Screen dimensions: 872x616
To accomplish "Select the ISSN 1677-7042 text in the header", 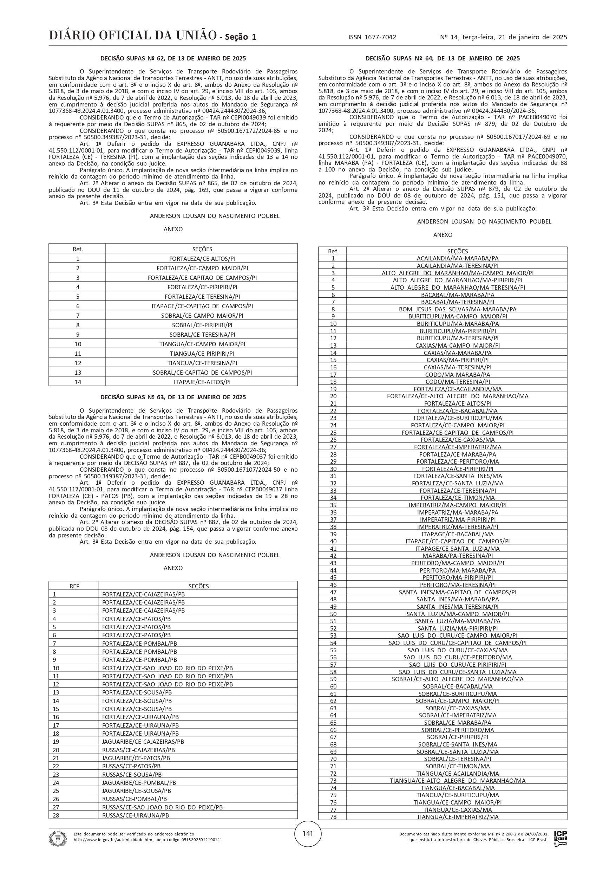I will pos(372,37).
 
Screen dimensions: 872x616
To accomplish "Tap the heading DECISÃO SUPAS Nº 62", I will pos(173,58).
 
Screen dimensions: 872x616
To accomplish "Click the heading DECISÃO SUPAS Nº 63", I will pos(173,397).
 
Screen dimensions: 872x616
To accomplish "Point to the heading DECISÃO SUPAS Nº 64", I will pos(443,58).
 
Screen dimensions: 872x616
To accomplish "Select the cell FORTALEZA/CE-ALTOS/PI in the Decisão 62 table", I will pos(202,259).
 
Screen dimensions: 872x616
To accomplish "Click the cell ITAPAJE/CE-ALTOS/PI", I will pos(202,382).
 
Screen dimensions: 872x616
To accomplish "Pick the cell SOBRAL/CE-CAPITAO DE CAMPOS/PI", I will pos(202,373).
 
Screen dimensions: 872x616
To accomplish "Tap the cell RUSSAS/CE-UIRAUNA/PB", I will pos(136,815).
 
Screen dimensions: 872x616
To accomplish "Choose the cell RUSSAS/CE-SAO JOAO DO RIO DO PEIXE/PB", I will pos(163,807).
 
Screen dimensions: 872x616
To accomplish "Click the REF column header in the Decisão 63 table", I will pos(74,586).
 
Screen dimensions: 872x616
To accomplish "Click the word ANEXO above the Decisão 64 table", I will pos(443,235).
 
